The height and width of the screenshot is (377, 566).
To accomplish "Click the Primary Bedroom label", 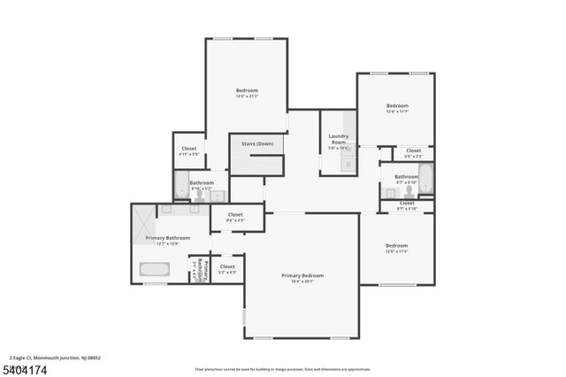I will coord(302,277).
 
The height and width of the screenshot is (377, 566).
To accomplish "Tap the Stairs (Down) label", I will coord(256,142).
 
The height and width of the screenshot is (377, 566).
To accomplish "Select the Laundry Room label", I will coord(339,139).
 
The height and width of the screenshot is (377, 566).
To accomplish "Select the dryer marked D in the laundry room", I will coord(349,164).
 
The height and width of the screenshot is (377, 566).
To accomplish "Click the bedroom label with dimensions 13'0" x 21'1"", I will coord(247,91).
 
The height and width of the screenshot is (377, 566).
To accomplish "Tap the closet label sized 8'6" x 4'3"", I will coord(235,215).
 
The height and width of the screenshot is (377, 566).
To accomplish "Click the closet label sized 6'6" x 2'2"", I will coord(413,151).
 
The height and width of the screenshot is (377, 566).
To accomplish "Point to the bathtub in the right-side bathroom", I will coord(425,180).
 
